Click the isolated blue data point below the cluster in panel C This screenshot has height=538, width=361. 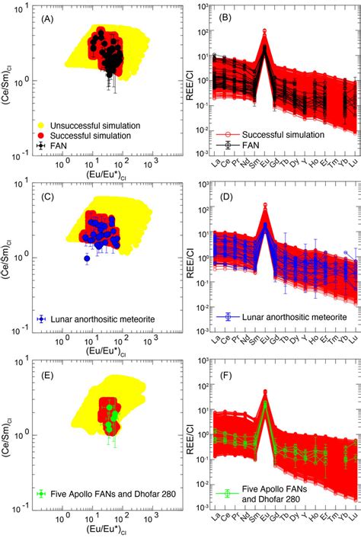[x=87, y=259]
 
